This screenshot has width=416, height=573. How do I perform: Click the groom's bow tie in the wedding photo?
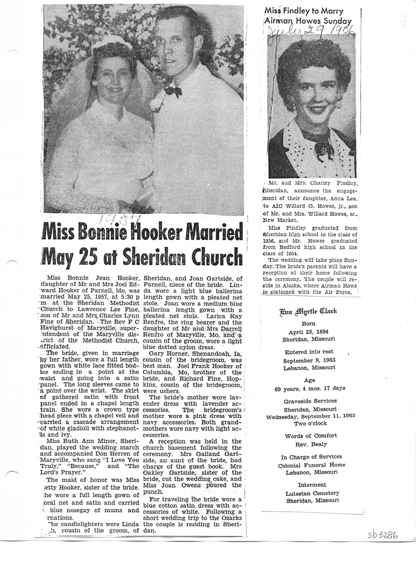point(173,91)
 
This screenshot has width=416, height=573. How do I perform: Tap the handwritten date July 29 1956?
point(311,34)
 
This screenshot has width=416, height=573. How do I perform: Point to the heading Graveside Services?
point(311,400)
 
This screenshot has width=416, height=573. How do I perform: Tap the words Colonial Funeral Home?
point(311,465)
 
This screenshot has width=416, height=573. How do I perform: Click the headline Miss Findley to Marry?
point(304,11)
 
